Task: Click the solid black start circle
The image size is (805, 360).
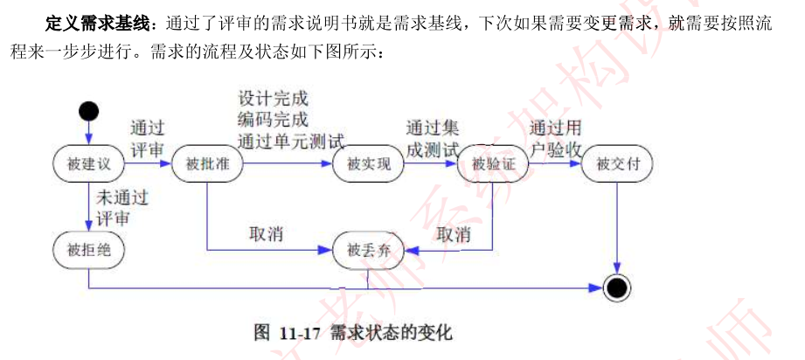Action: click(x=88, y=111)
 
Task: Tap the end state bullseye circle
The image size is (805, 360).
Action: click(x=616, y=288)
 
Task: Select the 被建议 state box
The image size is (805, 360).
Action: click(x=88, y=164)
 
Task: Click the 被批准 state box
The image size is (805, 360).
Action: click(x=207, y=164)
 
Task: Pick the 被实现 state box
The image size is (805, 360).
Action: click(x=368, y=164)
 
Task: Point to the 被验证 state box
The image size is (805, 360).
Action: click(x=493, y=164)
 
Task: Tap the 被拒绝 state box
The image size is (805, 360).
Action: click(x=88, y=250)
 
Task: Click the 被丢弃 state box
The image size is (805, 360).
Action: click(x=368, y=251)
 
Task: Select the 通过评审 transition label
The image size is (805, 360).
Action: click(x=148, y=138)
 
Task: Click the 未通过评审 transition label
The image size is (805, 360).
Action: click(x=122, y=208)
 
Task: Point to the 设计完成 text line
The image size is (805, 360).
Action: click(x=273, y=98)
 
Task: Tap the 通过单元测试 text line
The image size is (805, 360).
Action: click(x=291, y=140)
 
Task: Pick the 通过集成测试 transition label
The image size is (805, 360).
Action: click(x=433, y=139)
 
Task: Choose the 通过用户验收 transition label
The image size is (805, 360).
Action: click(x=556, y=138)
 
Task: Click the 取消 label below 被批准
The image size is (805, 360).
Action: click(x=266, y=235)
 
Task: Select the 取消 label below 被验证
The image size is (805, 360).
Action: click(x=454, y=235)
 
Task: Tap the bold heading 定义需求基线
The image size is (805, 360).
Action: click(x=98, y=23)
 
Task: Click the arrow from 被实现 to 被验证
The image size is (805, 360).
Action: click(x=431, y=163)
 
